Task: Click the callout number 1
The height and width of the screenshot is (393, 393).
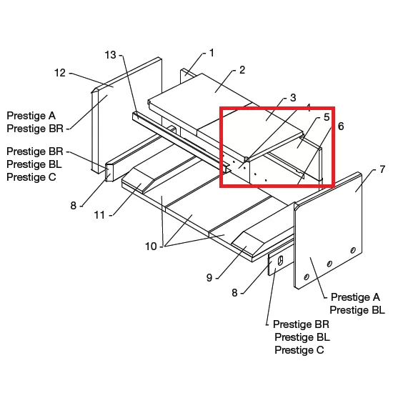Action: coord(212,53)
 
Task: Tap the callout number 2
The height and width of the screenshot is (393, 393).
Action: coord(242,70)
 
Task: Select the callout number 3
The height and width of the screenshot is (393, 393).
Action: coord(293,98)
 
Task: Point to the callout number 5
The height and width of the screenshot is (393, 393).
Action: coord(327,117)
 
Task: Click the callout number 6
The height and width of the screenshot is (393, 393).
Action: coord(341,126)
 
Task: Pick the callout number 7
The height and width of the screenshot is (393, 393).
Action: coord(382,169)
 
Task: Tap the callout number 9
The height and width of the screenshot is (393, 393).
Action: coord(209,278)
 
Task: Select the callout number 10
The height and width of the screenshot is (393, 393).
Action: coord(151,247)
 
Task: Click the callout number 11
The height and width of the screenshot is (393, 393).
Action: coord(99,215)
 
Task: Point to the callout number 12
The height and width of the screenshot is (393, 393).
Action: coord(60,73)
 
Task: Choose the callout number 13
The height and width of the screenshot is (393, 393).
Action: coord(110,55)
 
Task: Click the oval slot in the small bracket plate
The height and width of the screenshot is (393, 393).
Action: coord(281,260)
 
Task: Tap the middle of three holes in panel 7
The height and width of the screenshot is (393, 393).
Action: coord(329,264)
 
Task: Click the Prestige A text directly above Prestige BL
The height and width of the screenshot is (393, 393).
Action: coord(355,297)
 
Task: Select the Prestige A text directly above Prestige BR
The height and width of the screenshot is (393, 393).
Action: coord(31,116)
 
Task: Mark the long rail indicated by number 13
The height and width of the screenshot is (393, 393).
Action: coord(181,142)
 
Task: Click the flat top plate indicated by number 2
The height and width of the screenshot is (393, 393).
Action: coord(201,100)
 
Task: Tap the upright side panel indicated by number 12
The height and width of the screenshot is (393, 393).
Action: coord(126,114)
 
